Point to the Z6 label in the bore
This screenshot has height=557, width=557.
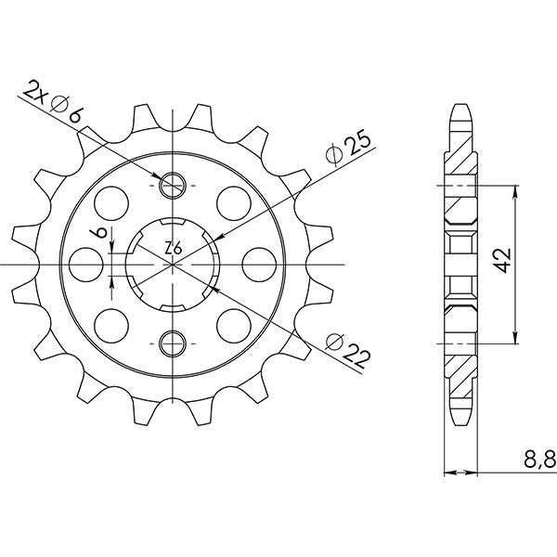click(173, 249)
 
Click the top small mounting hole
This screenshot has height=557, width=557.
click(174, 185)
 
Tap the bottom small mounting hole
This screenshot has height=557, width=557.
click(174, 343)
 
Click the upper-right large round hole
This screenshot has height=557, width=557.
click(232, 201)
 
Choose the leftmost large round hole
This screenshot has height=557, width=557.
click(88, 264)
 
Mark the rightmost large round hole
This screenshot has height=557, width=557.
click(258, 264)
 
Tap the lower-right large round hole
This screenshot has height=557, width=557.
click(232, 324)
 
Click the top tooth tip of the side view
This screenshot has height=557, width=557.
click(461, 104)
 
